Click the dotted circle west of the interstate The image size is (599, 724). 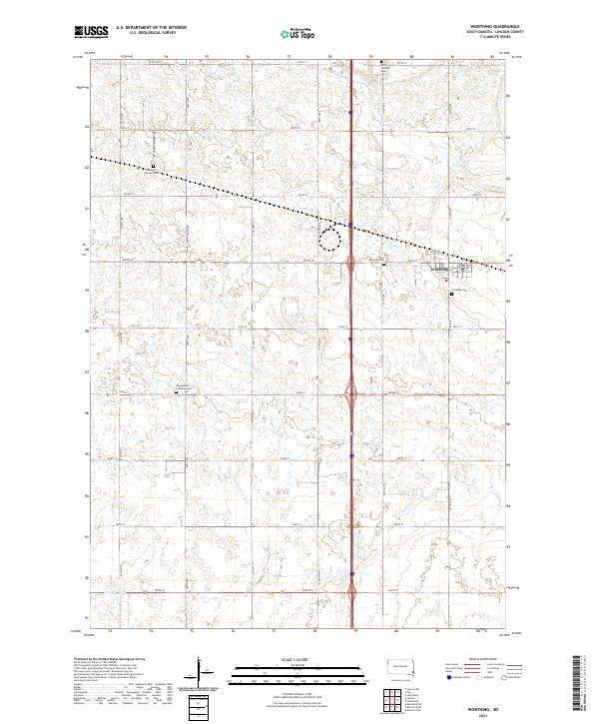coord(330,238)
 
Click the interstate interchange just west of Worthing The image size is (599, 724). coord(352,262)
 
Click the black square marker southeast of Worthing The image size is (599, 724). coord(451,294)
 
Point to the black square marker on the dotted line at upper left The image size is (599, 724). coord(154,166)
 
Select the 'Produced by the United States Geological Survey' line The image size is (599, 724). coord(110,659)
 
